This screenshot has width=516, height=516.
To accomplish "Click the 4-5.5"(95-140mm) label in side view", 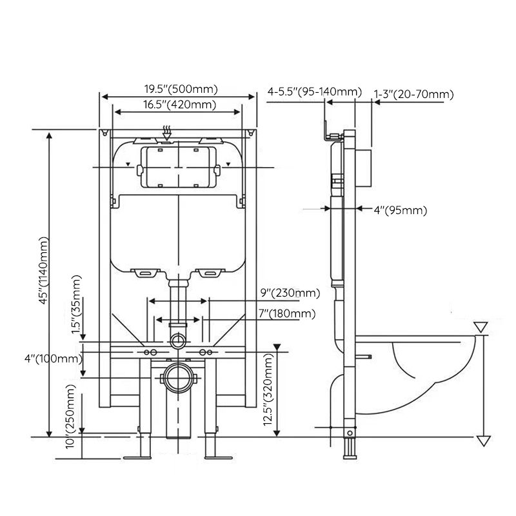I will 315,92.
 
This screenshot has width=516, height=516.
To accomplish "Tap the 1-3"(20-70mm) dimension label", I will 414,95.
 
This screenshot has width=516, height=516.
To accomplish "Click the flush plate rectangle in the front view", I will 177,167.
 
